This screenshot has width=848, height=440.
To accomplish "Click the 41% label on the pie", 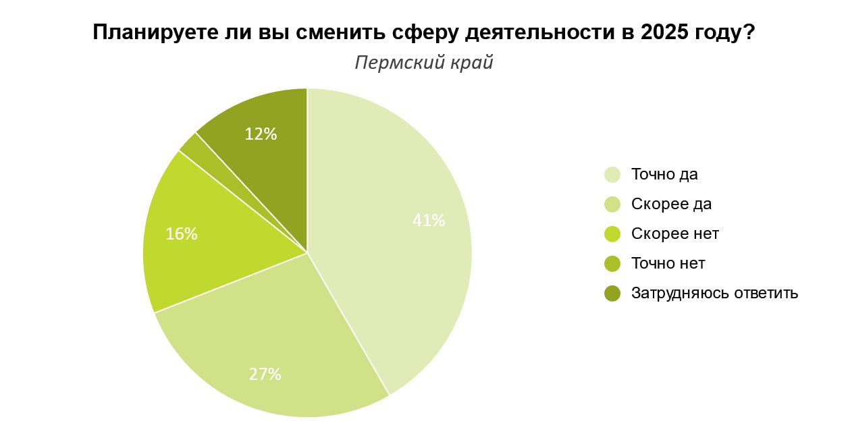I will pyautogui.click(x=429, y=220).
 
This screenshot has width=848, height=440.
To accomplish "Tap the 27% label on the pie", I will pyautogui.click(x=265, y=374).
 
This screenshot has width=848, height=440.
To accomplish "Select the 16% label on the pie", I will pyautogui.click(x=182, y=233).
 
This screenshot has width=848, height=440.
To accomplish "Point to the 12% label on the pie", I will pyautogui.click(x=261, y=134).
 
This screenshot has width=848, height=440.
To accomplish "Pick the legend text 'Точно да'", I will pyautogui.click(x=664, y=174).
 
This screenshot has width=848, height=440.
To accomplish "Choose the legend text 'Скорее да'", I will pyautogui.click(x=671, y=204).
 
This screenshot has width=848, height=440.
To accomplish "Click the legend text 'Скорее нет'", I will pyautogui.click(x=675, y=233).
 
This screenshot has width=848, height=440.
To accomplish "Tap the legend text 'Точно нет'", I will pyautogui.click(x=668, y=263).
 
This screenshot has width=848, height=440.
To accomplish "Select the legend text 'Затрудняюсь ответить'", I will pyautogui.click(x=714, y=293).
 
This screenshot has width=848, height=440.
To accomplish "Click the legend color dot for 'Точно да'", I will pyautogui.click(x=612, y=175).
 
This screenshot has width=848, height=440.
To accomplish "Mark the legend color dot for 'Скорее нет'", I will pyautogui.click(x=612, y=234).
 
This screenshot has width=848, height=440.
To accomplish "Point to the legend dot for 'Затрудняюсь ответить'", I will pyautogui.click(x=612, y=294).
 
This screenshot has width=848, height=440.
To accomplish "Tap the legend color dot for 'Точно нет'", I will pyautogui.click(x=612, y=264).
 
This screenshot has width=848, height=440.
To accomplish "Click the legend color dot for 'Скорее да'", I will pyautogui.click(x=612, y=204).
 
